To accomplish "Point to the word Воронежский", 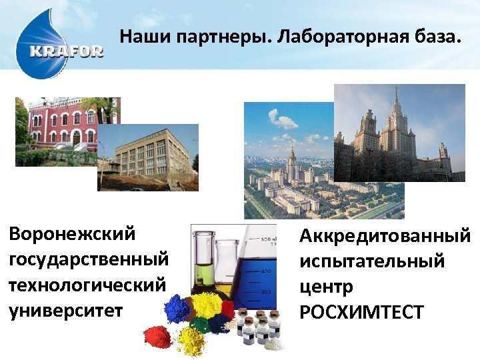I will (x=73, y=234).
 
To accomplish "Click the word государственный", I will (x=89, y=259).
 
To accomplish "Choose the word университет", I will (x=67, y=311).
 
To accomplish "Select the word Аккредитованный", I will (x=385, y=236).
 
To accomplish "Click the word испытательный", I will (x=372, y=261).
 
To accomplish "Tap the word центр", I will (x=327, y=287).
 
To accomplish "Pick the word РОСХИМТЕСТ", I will (x=362, y=312).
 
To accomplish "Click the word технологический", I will (x=87, y=285).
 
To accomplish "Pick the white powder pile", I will (x=274, y=343).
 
